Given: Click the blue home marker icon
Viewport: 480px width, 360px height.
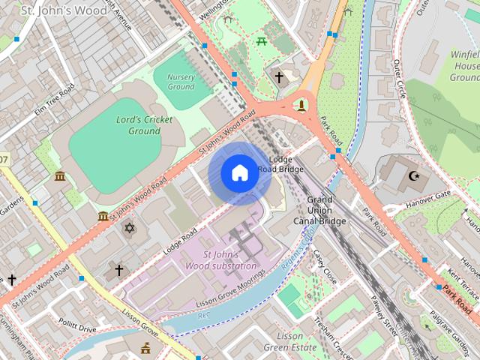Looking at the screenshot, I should pyautogui.click(x=239, y=173).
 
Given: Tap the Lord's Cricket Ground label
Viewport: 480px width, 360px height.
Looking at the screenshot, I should pyautogui.click(x=144, y=125).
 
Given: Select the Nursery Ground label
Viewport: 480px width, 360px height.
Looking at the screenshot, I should pyautogui.click(x=181, y=82).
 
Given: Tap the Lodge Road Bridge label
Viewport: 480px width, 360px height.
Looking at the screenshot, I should pyautogui.click(x=280, y=164).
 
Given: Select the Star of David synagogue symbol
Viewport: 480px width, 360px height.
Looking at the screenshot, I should pyautogui.click(x=128, y=226).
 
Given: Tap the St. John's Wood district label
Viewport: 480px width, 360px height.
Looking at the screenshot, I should pyautogui.click(x=52, y=10).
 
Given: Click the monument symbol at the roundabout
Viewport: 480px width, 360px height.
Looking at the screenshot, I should pyautogui.click(x=301, y=103).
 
